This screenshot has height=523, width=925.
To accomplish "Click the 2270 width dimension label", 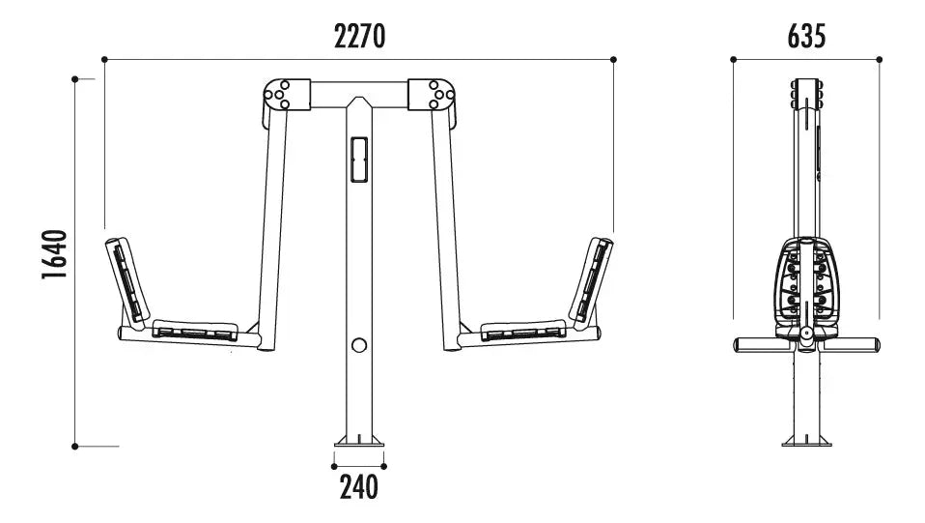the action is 359,36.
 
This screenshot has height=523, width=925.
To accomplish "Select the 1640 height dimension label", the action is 54,254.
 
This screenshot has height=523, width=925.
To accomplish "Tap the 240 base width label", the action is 358,487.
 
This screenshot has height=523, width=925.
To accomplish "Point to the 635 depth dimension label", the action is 806,36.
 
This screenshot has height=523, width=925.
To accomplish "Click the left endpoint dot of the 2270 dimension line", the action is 104,60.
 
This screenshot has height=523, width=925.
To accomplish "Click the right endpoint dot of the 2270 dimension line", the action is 613,60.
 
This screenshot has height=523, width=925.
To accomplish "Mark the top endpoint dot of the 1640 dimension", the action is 75,79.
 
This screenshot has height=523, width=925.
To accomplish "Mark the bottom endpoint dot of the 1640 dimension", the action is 75,447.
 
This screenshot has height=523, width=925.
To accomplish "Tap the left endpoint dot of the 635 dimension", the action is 733,60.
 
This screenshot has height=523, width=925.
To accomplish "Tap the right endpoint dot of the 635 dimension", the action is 879,60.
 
